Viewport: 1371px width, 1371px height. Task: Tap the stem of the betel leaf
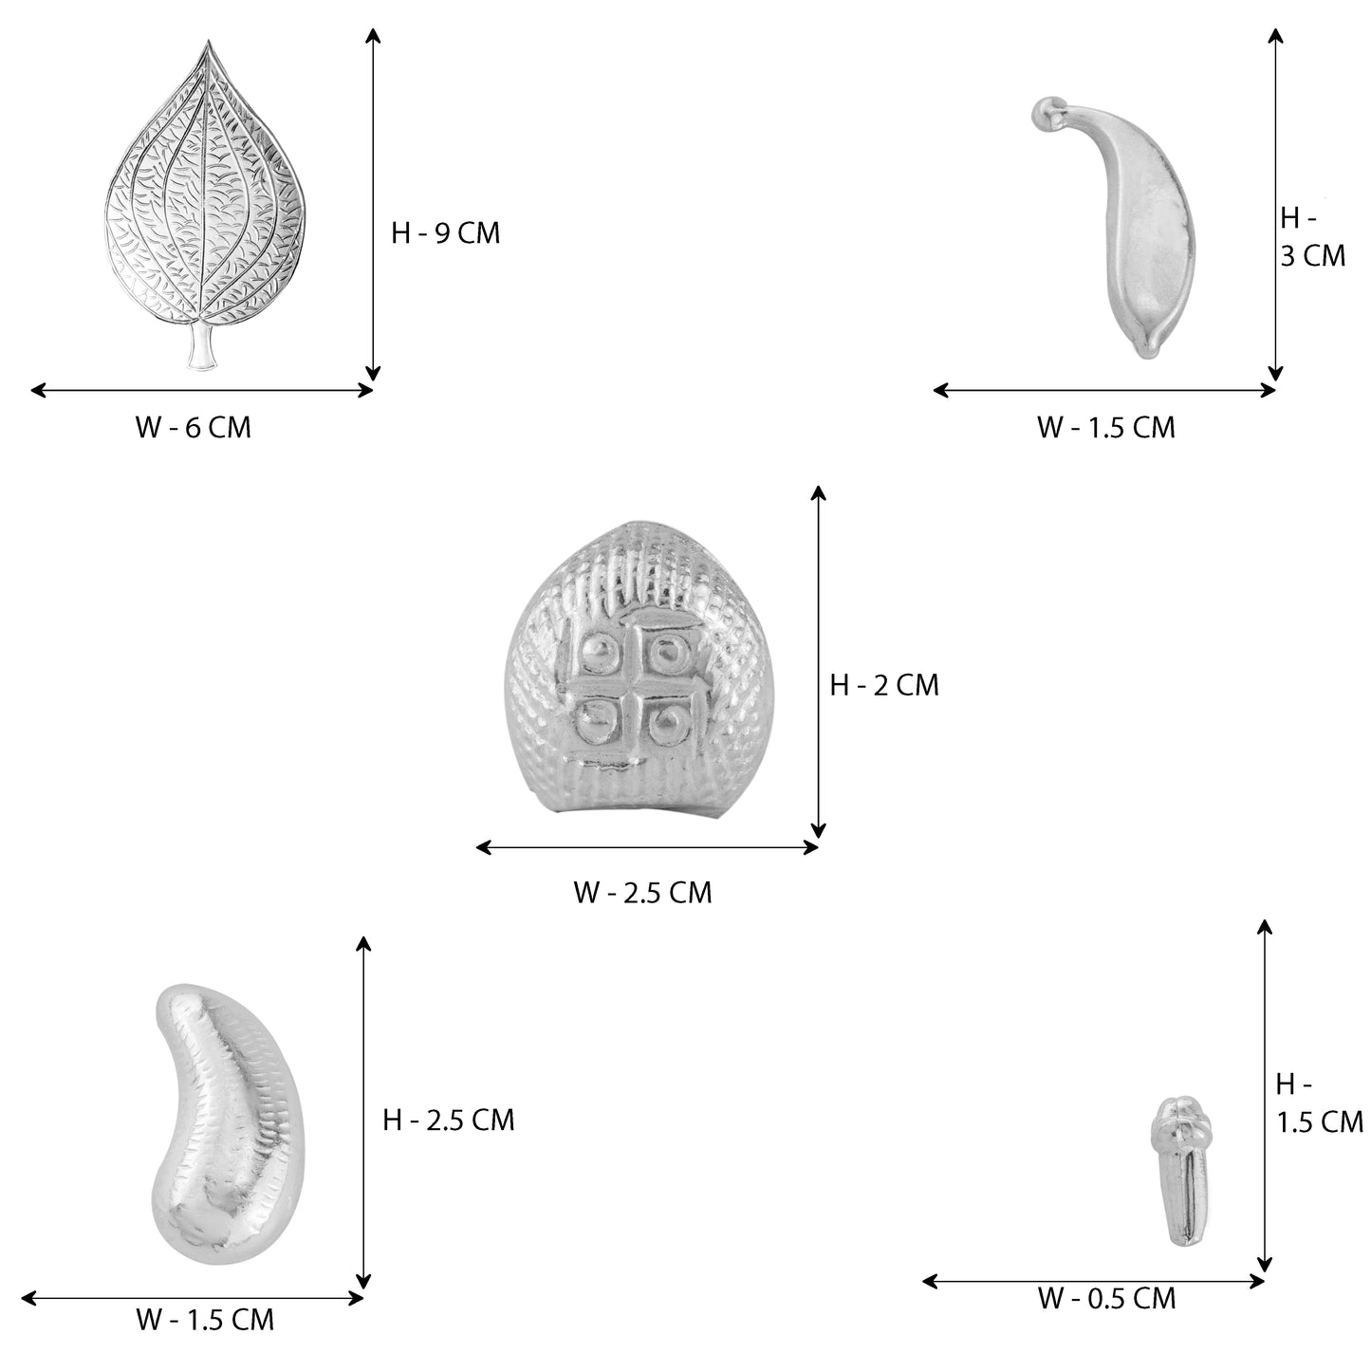point(201,348)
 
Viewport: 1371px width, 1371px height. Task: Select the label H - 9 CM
point(445,233)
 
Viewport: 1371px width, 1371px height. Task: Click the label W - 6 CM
point(193,428)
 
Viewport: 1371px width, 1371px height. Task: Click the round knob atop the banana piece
point(1043,112)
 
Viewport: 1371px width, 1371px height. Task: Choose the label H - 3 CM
point(1313,237)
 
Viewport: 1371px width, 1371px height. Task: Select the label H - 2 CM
point(884,685)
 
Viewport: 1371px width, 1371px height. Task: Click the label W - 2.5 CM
point(642,892)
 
